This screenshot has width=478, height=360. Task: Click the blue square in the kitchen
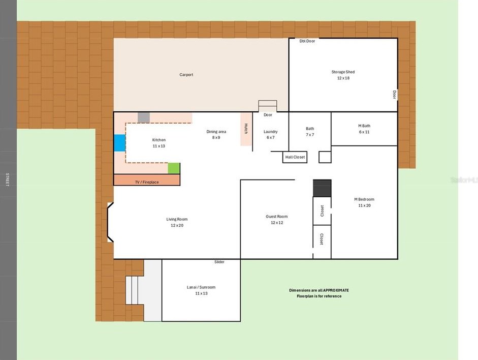coord(120,143)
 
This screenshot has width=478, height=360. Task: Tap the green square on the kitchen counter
coord(174,168)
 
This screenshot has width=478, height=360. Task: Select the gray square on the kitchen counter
coord(144,117)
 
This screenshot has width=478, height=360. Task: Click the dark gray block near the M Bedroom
coord(322,188)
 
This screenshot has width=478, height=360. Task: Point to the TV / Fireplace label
coord(147,182)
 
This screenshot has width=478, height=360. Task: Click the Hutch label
coord(246,129)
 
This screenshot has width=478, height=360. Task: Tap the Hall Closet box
coord(295,157)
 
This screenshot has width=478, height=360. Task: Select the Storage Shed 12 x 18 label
coord(343,75)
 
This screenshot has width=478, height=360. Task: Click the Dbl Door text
coord(307,41)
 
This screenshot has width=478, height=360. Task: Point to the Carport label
coord(186,74)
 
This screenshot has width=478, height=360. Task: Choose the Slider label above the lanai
coord(219,262)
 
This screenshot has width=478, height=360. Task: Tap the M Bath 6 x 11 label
coord(364,129)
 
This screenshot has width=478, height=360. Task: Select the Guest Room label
coord(277,216)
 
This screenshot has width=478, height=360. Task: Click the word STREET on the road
coord(7,179)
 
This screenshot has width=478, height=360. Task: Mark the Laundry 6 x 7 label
coord(271,135)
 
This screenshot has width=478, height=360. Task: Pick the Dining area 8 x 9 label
coord(216,135)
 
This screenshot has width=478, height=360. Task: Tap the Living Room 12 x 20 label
coord(177,222)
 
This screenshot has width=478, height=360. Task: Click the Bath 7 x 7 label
coord(310,132)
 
